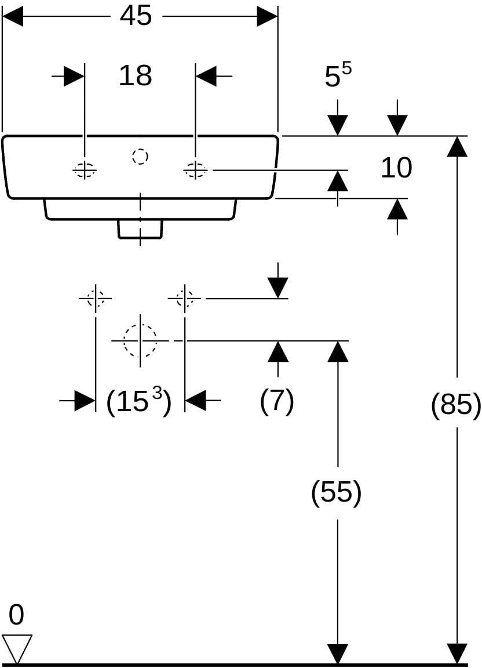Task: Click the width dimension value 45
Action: pyautogui.click(x=136, y=16)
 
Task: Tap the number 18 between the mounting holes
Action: pyautogui.click(x=136, y=75)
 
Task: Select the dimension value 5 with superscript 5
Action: pyautogui.click(x=338, y=75)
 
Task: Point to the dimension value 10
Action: pyautogui.click(x=396, y=168)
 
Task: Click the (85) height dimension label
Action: pyautogui.click(x=456, y=403)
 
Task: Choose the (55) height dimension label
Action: pyautogui.click(x=337, y=492)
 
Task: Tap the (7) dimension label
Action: pyautogui.click(x=277, y=401)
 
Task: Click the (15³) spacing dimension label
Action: pyautogui.click(x=139, y=401)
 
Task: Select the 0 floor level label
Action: pyautogui.click(x=16, y=615)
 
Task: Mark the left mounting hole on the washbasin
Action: pyautogui.click(x=85, y=170)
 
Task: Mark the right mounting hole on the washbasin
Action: pyautogui.click(x=196, y=170)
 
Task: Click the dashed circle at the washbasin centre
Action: pyautogui.click(x=140, y=157)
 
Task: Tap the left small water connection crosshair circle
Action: pyautogui.click(x=96, y=298)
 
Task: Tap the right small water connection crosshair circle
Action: pyautogui.click(x=184, y=298)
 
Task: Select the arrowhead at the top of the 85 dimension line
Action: pyautogui.click(x=457, y=146)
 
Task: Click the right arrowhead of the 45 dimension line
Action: pyautogui.click(x=267, y=16)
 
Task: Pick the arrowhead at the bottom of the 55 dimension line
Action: pyautogui.click(x=338, y=654)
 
